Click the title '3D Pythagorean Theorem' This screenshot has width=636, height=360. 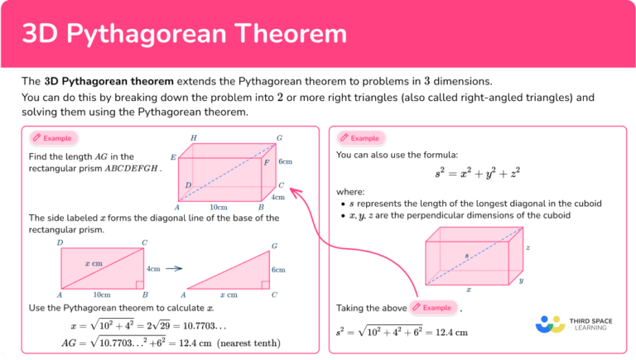coord(184,33)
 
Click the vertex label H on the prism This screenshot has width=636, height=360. coord(194,137)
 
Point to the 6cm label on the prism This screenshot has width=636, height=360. coord(285,162)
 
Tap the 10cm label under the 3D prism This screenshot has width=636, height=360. coord(219,207)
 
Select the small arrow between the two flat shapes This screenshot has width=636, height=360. coord(173,268)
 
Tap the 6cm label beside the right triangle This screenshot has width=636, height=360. coord(278,270)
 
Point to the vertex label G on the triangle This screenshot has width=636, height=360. coord(274,246)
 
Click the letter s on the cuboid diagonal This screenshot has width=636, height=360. coord(466,257)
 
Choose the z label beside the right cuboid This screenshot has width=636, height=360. coord(528,247)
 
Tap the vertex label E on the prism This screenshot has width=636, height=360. coord(173,157)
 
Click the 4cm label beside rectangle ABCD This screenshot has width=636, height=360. coord(153,269)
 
